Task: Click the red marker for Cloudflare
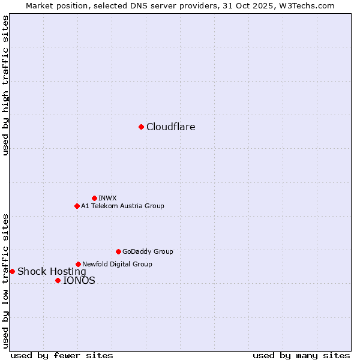(x=141, y=127)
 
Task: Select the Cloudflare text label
(x=171, y=127)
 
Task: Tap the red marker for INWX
(x=94, y=198)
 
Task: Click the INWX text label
(x=108, y=198)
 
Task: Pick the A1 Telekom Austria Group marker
(x=77, y=206)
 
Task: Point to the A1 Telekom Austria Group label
(x=122, y=206)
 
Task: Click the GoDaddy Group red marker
(x=118, y=251)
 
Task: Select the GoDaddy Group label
(x=148, y=251)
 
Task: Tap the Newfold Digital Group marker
(x=78, y=264)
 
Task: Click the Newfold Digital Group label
(x=117, y=264)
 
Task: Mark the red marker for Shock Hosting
(x=12, y=271)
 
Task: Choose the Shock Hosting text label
(x=52, y=271)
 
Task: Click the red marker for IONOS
(x=58, y=280)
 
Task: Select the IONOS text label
(x=79, y=280)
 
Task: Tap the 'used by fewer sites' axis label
(x=62, y=355)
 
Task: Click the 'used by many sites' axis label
(x=301, y=355)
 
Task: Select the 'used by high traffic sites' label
(x=5, y=85)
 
